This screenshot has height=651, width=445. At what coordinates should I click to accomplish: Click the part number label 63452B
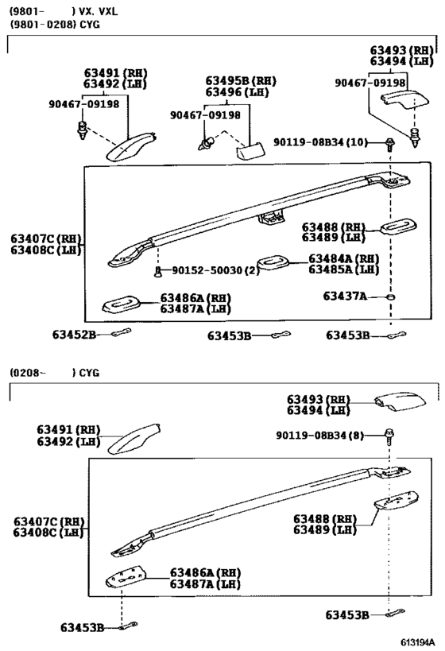[75, 335]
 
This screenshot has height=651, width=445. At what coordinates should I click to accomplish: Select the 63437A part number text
[344, 296]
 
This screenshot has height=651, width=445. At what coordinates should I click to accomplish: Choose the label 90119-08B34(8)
[319, 435]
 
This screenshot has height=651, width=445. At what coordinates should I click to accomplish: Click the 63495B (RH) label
[241, 81]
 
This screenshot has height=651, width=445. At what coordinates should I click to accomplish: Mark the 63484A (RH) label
[343, 258]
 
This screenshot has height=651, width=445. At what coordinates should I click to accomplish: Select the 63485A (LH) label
[343, 269]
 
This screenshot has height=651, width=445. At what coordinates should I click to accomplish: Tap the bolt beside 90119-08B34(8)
[389, 436]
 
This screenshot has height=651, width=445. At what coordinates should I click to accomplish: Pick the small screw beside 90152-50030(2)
[158, 272]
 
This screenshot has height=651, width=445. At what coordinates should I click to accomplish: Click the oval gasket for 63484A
[276, 262]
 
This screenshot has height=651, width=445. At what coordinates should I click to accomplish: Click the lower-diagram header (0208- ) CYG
[55, 372]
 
